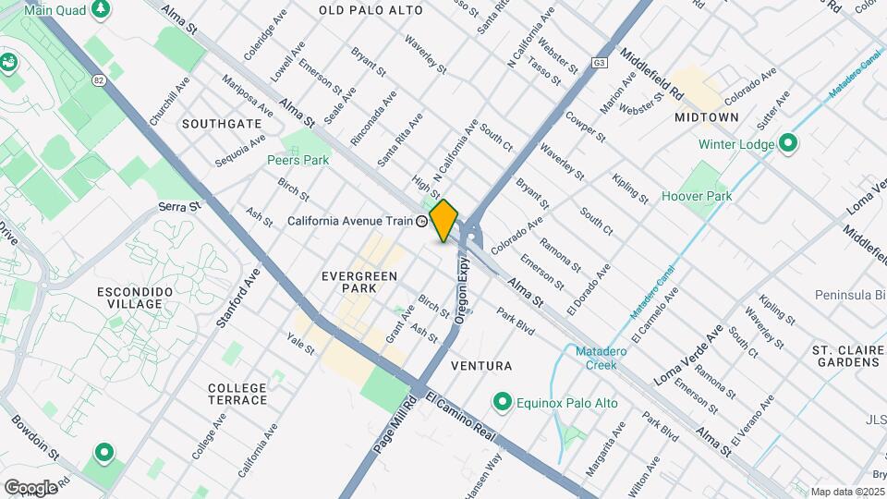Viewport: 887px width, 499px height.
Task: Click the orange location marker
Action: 443,221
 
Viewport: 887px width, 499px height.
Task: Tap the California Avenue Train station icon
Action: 422,221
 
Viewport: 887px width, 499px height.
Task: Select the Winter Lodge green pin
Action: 787,143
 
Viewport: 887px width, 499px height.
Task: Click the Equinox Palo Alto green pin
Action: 502,402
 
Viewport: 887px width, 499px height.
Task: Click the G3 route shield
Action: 600,64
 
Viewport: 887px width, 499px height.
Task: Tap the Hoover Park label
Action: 697,196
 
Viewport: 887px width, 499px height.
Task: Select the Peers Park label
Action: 298,160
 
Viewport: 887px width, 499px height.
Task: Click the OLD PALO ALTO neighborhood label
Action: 371,10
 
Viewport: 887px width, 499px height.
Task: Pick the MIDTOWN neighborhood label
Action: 706,117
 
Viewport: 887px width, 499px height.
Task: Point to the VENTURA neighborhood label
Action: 480,366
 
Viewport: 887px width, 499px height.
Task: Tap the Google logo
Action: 30,487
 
